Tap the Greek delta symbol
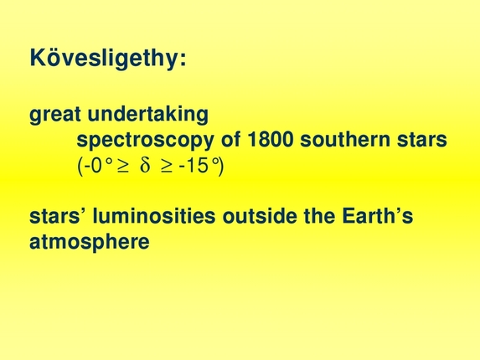tap(143, 166)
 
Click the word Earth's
tap(376, 217)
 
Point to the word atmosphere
tap(90, 243)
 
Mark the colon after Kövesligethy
tap(182, 60)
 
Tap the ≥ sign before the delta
tap(121, 166)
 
